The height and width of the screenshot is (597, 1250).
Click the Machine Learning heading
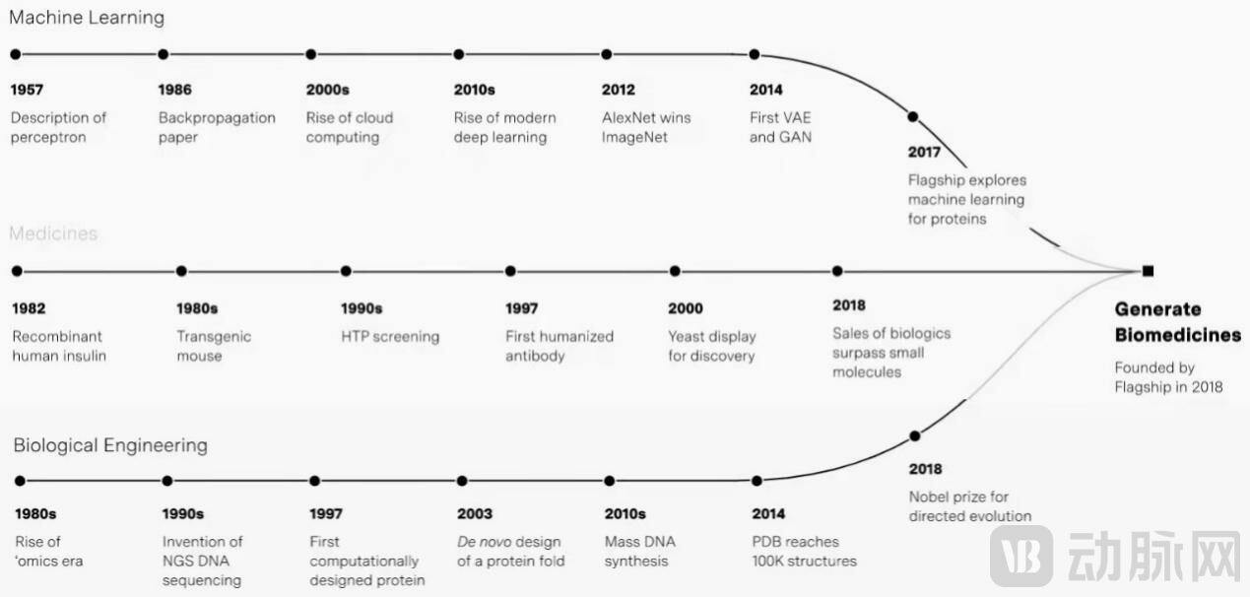coord(87,18)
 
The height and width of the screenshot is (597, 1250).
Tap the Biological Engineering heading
coord(110,445)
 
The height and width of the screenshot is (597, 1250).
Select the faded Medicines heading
coord(53,233)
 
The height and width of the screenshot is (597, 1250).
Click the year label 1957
coord(27,90)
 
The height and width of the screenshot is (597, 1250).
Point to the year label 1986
coord(174,90)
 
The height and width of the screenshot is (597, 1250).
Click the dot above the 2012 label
coord(607,54)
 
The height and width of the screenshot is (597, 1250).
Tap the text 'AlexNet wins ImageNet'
coord(646,127)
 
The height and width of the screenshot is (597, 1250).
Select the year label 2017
coord(924,152)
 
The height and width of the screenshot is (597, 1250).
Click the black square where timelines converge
coord(1148,271)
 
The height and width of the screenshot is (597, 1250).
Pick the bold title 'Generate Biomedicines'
coord(1178,322)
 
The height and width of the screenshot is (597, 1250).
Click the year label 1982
coord(29,308)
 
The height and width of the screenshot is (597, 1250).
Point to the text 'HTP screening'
coord(390,337)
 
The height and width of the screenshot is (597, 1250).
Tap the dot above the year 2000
coord(675,271)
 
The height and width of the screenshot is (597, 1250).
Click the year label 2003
coord(475,513)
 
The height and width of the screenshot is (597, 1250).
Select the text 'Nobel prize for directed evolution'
coord(970,506)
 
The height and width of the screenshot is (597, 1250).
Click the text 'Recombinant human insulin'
coord(59,346)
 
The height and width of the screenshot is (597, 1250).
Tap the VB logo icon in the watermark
coord(1021,556)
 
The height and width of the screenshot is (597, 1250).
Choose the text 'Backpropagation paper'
coord(217,127)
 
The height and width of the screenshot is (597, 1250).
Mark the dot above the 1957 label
coord(16,54)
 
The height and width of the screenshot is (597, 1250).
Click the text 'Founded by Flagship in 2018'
coord(1168,377)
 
